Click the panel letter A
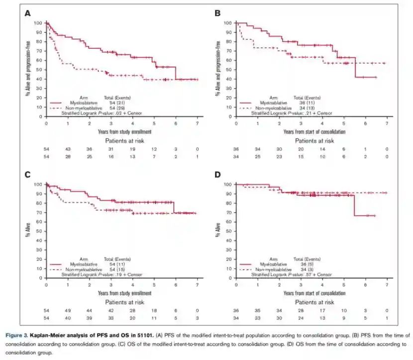pyautogui.click(x=28, y=13)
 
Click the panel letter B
pyautogui.click(x=217, y=13)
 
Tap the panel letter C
pyautogui.click(x=28, y=175)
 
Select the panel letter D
pyautogui.click(x=217, y=175)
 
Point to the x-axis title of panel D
pyautogui.click(x=314, y=293)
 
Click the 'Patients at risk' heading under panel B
pyautogui.click(x=314, y=140)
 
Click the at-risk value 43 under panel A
pyautogui.click(x=68, y=149)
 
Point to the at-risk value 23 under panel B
pyautogui.click(x=279, y=156)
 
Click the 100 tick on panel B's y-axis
pyautogui.click(x=228, y=23)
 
